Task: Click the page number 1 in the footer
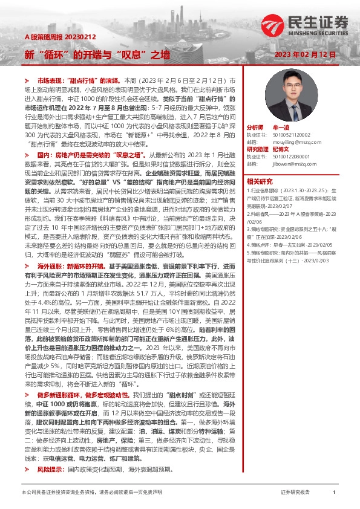click(334, 493)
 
